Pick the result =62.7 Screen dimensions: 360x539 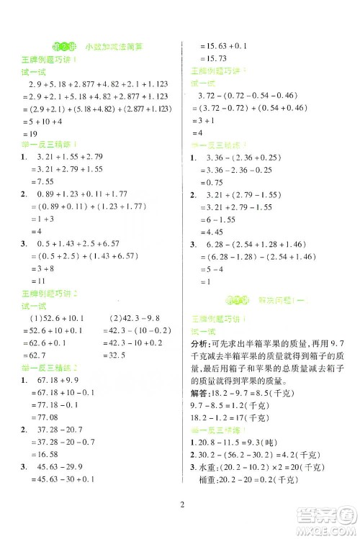pyautogui.click(x=36, y=355)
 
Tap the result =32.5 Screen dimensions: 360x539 pyautogui.click(x=115, y=355)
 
